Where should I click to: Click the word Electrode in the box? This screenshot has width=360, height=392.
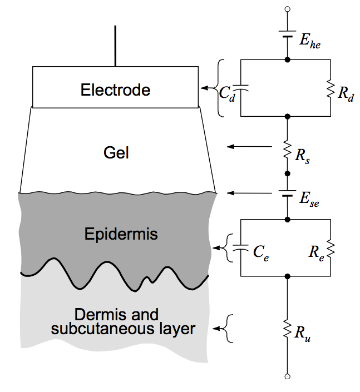point(115,90)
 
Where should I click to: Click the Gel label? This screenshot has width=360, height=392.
point(116,152)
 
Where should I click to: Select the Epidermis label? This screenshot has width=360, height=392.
point(121,234)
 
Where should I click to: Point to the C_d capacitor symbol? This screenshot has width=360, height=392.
point(240,88)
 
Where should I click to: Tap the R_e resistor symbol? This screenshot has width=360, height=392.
point(332,248)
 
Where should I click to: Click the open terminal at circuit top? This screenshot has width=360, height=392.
point(287,9)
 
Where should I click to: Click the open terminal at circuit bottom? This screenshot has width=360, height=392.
point(287,376)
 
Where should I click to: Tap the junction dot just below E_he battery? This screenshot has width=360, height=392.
point(287,59)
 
